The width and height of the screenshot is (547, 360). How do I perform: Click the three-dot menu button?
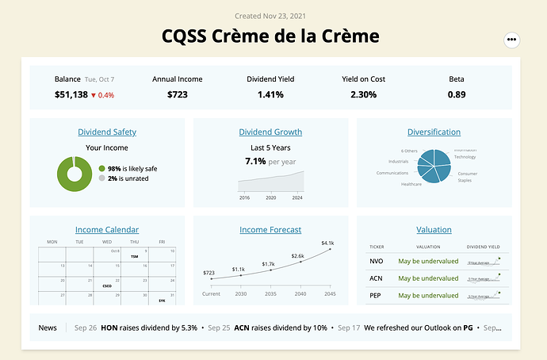511,39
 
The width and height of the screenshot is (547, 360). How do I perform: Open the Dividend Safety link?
107,132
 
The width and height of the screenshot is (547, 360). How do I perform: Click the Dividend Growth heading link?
270,132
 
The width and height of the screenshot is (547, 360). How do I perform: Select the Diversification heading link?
434,132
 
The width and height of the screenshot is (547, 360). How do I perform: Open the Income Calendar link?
107,230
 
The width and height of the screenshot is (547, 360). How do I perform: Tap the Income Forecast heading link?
270,230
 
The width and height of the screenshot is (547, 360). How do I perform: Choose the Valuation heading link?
434,230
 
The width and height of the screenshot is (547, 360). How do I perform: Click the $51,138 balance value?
71,95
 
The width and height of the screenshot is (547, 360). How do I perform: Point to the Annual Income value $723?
177,95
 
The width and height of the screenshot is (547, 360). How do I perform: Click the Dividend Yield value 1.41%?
270,95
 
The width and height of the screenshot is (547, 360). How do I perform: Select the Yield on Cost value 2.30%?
363,95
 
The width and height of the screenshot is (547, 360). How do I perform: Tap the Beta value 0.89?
457,95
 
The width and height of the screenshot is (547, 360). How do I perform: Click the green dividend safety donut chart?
75,174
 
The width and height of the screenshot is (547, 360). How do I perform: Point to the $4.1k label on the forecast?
328,243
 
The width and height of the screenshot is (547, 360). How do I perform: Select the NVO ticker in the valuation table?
377,261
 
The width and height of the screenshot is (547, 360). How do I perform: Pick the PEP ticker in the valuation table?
377,295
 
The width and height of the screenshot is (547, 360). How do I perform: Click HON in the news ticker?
109,327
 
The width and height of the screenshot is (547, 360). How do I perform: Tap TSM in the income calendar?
135,258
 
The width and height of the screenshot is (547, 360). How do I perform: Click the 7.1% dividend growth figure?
255,161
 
